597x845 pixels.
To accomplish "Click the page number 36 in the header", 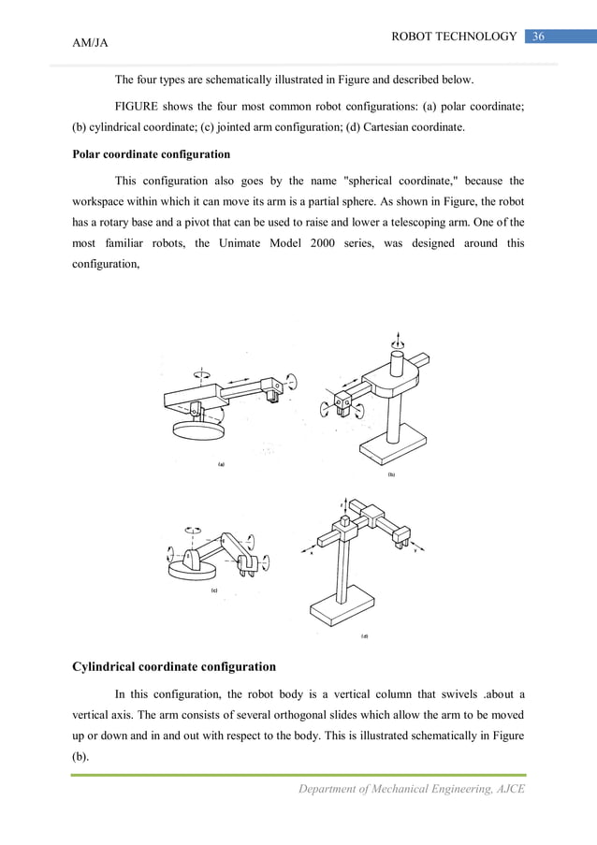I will (538, 36).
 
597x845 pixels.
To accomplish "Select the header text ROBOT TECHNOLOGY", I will (454, 36).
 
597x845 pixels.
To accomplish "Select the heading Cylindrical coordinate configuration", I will (173, 667).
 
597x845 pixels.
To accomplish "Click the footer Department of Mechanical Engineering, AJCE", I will (411, 789).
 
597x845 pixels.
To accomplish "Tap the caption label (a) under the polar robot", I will (220, 464).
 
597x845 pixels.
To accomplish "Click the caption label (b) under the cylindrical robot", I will (391, 475).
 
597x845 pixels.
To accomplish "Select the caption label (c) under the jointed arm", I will (214, 591).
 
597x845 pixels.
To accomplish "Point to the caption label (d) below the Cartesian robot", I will (364, 637).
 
